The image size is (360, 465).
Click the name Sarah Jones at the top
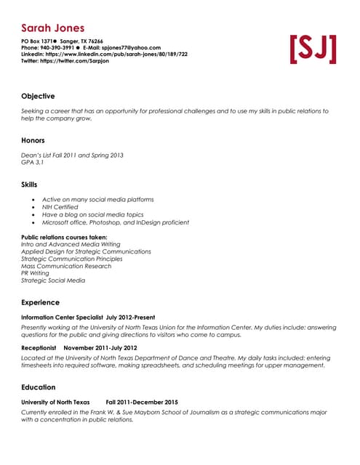coord(52,28)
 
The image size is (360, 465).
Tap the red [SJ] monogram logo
coord(313,49)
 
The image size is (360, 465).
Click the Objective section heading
coord(38,96)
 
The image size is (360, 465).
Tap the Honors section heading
coord(33,140)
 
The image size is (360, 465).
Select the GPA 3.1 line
coord(33,162)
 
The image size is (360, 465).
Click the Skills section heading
coord(29,185)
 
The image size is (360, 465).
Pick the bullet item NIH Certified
coord(60,207)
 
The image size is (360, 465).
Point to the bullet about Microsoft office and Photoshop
coord(115,222)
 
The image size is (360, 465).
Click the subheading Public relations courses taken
coord(64,237)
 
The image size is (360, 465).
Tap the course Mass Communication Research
coord(66,266)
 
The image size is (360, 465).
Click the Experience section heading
coord(40,302)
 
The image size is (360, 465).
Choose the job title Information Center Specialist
coord(61,318)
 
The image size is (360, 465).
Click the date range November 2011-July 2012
coord(105,348)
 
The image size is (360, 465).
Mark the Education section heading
coord(38,387)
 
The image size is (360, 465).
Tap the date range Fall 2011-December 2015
coord(142,403)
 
